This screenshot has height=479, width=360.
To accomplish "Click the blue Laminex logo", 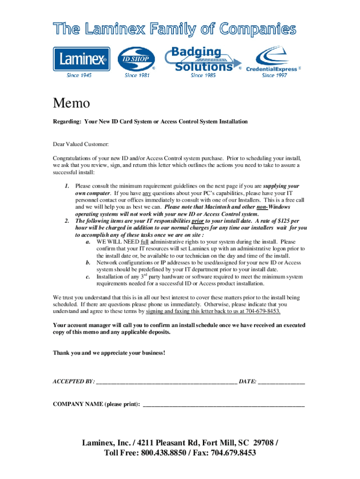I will click(81, 59).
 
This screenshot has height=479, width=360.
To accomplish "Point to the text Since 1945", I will click(79, 75).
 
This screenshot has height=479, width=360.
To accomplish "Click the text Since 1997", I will click(274, 75).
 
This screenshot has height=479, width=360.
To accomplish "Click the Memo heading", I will click(71, 103).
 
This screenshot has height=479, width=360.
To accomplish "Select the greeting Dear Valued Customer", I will click(80, 145).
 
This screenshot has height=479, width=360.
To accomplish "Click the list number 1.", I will click(67, 186).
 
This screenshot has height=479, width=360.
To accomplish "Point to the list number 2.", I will click(67, 221).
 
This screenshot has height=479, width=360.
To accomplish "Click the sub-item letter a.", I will click(88, 242).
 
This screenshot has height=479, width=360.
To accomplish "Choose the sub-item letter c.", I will click(88, 277).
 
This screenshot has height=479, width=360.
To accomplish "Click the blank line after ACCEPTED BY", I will click(166, 382).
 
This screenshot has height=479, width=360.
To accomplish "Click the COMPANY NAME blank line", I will click(223, 405).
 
